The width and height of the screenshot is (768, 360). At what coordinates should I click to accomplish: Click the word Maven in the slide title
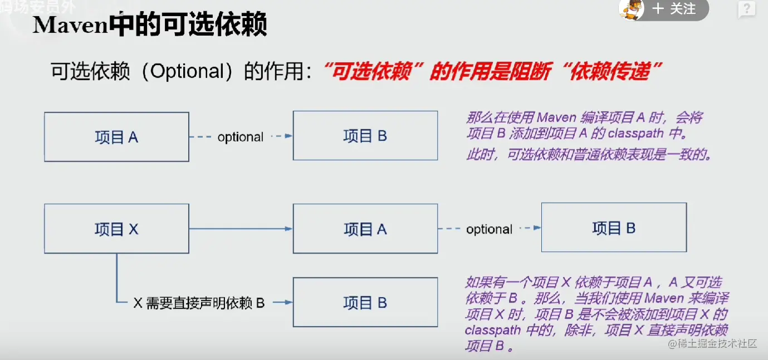point(70,25)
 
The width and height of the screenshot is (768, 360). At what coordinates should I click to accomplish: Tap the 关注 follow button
point(675,9)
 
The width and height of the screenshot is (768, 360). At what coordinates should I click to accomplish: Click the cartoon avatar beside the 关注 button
point(632,9)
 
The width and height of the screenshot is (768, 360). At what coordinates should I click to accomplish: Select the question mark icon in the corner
point(746,9)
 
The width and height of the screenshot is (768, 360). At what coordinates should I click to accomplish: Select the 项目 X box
point(116,228)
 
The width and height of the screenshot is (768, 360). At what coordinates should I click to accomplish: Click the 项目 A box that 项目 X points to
point(365,228)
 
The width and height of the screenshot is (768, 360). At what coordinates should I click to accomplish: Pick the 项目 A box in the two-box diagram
point(116,137)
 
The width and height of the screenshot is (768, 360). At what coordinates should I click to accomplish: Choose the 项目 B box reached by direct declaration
point(365,302)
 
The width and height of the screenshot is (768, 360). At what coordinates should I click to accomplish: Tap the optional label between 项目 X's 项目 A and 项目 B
point(489,229)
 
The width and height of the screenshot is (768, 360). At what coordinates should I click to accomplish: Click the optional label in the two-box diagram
point(240,137)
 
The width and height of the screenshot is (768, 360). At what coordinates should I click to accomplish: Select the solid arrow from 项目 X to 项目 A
point(241,228)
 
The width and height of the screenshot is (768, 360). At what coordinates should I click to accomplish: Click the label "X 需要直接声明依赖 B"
point(199,303)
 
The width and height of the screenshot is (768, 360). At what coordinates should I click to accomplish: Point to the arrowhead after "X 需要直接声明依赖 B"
point(288,303)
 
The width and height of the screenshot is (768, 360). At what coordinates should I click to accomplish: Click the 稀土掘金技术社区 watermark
point(717,343)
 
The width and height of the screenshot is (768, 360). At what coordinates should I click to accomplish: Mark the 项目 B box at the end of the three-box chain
point(614,227)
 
